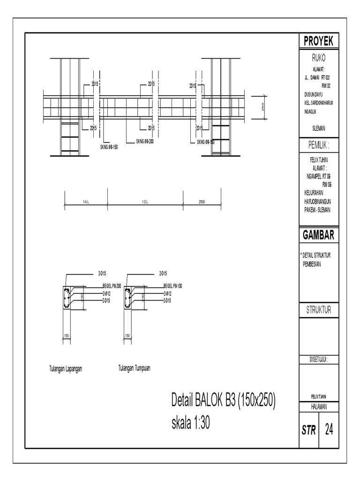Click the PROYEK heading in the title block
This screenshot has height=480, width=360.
click(x=318, y=41)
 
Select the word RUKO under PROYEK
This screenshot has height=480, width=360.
click(x=318, y=59)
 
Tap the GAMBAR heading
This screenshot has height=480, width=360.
click(x=318, y=235)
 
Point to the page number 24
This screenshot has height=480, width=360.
click(x=329, y=429)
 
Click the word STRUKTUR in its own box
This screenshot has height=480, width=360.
click(x=318, y=310)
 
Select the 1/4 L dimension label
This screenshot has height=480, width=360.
click(x=85, y=202)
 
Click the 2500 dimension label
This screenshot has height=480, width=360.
click(x=202, y=202)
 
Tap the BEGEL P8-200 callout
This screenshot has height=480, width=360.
click(x=112, y=285)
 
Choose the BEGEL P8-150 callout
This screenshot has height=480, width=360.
click(x=172, y=285)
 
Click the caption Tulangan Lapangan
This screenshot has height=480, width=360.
click(x=66, y=368)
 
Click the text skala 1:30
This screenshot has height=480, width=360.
click(x=190, y=424)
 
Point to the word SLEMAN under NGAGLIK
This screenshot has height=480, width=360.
click(x=319, y=127)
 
